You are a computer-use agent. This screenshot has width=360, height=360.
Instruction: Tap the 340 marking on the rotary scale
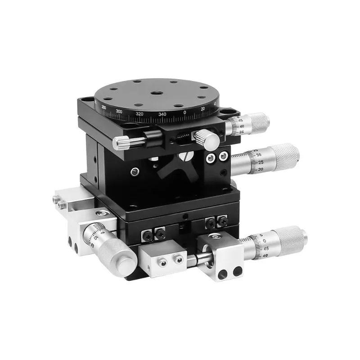coord(162,114)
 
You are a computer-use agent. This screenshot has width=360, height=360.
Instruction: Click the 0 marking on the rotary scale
coord(185,112)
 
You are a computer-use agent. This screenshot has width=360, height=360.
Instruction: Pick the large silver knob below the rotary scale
coord(208,139)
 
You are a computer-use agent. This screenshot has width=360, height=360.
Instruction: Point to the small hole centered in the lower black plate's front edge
coord(184,216)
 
